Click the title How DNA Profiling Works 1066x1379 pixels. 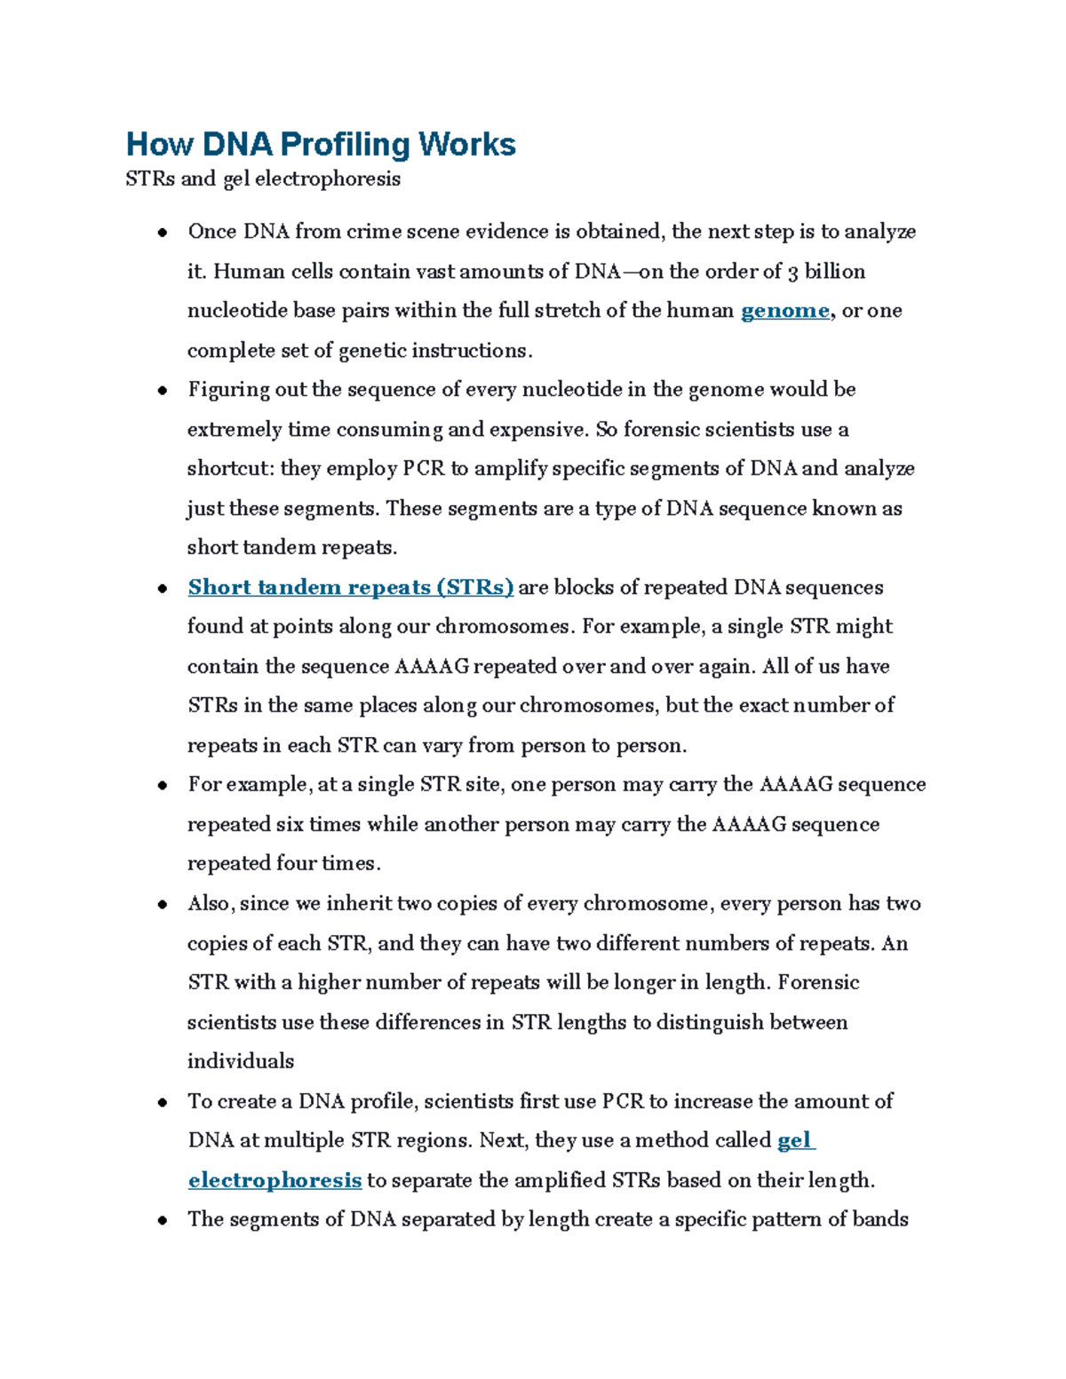coord(321,144)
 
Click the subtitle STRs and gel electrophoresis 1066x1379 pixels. coord(263,179)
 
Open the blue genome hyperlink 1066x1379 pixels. coord(784,311)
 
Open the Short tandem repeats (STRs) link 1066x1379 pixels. coord(350,588)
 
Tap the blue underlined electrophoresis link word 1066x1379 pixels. coord(274,1180)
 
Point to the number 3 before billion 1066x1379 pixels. coord(792,272)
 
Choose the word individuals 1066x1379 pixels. coord(240,1062)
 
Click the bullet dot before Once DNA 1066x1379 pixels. coord(163,234)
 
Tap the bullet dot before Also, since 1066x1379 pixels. coord(163,906)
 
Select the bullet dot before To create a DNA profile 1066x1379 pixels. coord(163,1103)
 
